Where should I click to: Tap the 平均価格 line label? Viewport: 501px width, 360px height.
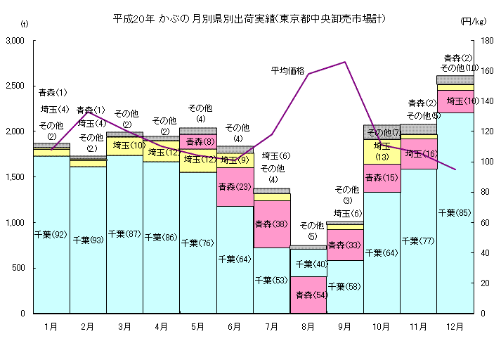click(x=288, y=70)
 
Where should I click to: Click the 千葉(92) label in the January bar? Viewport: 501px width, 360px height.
click(x=51, y=234)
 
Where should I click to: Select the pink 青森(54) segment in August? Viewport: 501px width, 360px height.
click(x=308, y=295)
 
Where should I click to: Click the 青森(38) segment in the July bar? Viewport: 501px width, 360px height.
click(x=271, y=224)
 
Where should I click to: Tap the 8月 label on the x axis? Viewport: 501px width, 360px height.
click(x=308, y=326)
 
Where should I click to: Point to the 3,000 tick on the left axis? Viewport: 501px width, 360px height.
click(x=15, y=41)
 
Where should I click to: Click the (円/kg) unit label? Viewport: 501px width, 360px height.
click(x=474, y=22)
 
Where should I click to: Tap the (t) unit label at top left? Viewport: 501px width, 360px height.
click(x=25, y=24)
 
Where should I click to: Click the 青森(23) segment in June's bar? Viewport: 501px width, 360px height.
click(x=235, y=187)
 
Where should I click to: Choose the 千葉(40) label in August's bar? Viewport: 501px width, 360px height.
click(x=308, y=264)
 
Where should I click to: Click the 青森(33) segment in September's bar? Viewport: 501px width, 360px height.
click(x=344, y=245)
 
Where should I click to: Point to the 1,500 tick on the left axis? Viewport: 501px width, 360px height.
click(x=15, y=177)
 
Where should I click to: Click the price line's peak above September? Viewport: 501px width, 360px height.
click(x=345, y=62)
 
